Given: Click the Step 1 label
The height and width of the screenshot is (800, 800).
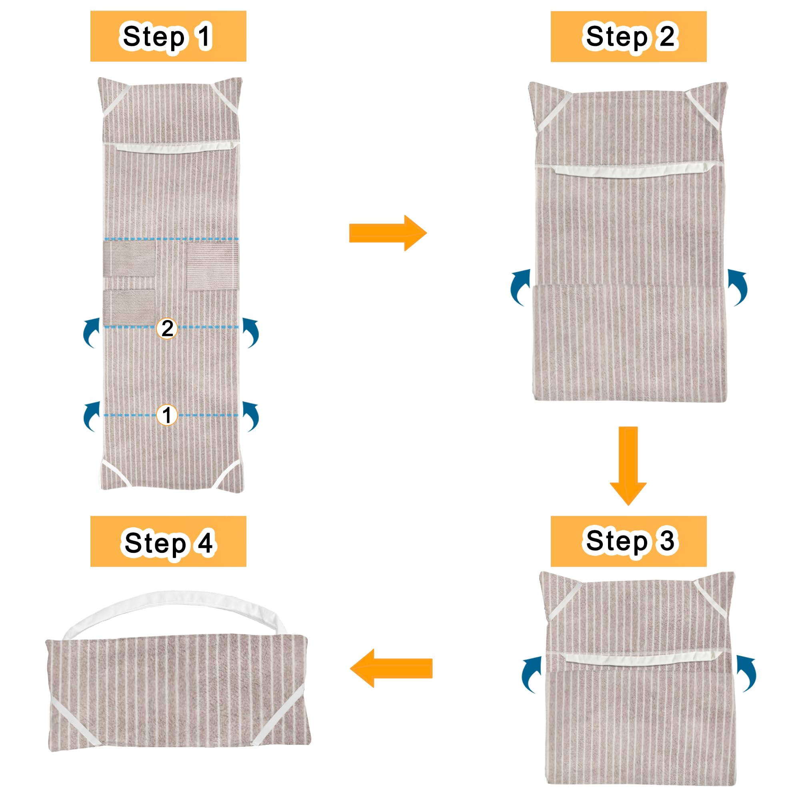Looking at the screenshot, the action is click(168, 36).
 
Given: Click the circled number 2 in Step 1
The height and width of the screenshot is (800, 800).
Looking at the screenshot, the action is click(167, 329).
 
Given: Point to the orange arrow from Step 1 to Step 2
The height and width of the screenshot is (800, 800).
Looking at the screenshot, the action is click(388, 233).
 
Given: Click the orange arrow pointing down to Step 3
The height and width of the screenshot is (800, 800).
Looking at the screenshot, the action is click(628, 466).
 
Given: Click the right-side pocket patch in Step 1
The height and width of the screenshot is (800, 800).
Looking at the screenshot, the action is click(213, 266).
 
